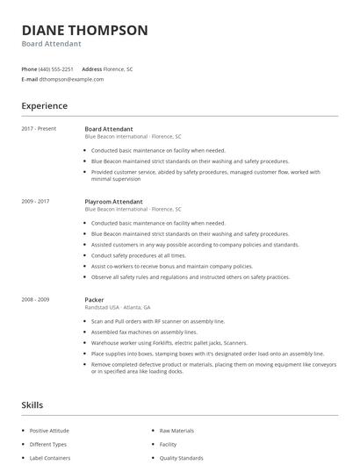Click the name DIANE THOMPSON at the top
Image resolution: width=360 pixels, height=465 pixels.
point(84,30)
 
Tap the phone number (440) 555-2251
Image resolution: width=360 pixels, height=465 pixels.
point(57,68)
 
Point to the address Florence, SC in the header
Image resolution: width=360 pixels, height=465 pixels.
point(119,68)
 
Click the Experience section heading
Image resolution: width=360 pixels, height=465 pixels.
point(44,106)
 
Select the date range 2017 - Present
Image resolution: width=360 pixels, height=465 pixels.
point(39,128)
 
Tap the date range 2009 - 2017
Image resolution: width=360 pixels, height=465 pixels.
point(35,201)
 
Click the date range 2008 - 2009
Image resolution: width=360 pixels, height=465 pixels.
point(35,299)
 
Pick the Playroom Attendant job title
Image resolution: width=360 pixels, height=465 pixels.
point(114,201)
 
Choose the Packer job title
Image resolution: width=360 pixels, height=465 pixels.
point(94,299)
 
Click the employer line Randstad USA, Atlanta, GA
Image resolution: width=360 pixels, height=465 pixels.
point(118,308)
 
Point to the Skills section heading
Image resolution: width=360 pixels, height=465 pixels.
point(32,405)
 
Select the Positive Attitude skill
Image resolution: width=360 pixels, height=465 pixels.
point(49,431)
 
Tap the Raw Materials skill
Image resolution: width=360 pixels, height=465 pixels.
point(176,431)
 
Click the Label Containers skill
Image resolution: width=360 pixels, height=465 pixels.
point(49,458)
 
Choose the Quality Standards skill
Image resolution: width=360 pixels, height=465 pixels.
point(181,458)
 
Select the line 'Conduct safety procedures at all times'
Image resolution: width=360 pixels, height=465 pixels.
point(138,255)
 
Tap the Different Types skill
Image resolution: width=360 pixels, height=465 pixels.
point(47,444)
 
